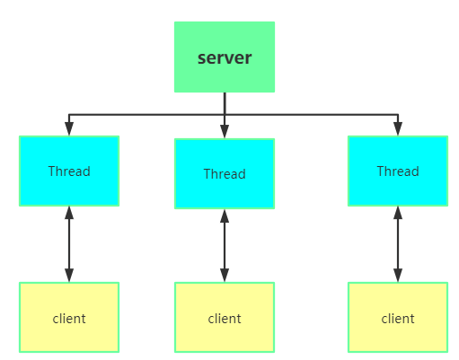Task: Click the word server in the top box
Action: click(224, 58)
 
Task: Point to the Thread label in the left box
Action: click(69, 171)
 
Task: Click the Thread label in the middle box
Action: click(224, 174)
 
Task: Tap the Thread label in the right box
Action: click(397, 171)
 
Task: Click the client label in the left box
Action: click(69, 318)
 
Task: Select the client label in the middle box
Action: click(224, 318)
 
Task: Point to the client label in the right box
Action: click(397, 318)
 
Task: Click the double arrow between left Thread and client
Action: click(69, 244)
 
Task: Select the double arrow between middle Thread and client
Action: click(224, 245)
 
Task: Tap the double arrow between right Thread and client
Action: click(397, 244)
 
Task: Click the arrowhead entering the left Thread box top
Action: click(69, 129)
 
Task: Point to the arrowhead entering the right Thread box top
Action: click(397, 129)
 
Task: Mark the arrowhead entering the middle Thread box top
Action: click(224, 132)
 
